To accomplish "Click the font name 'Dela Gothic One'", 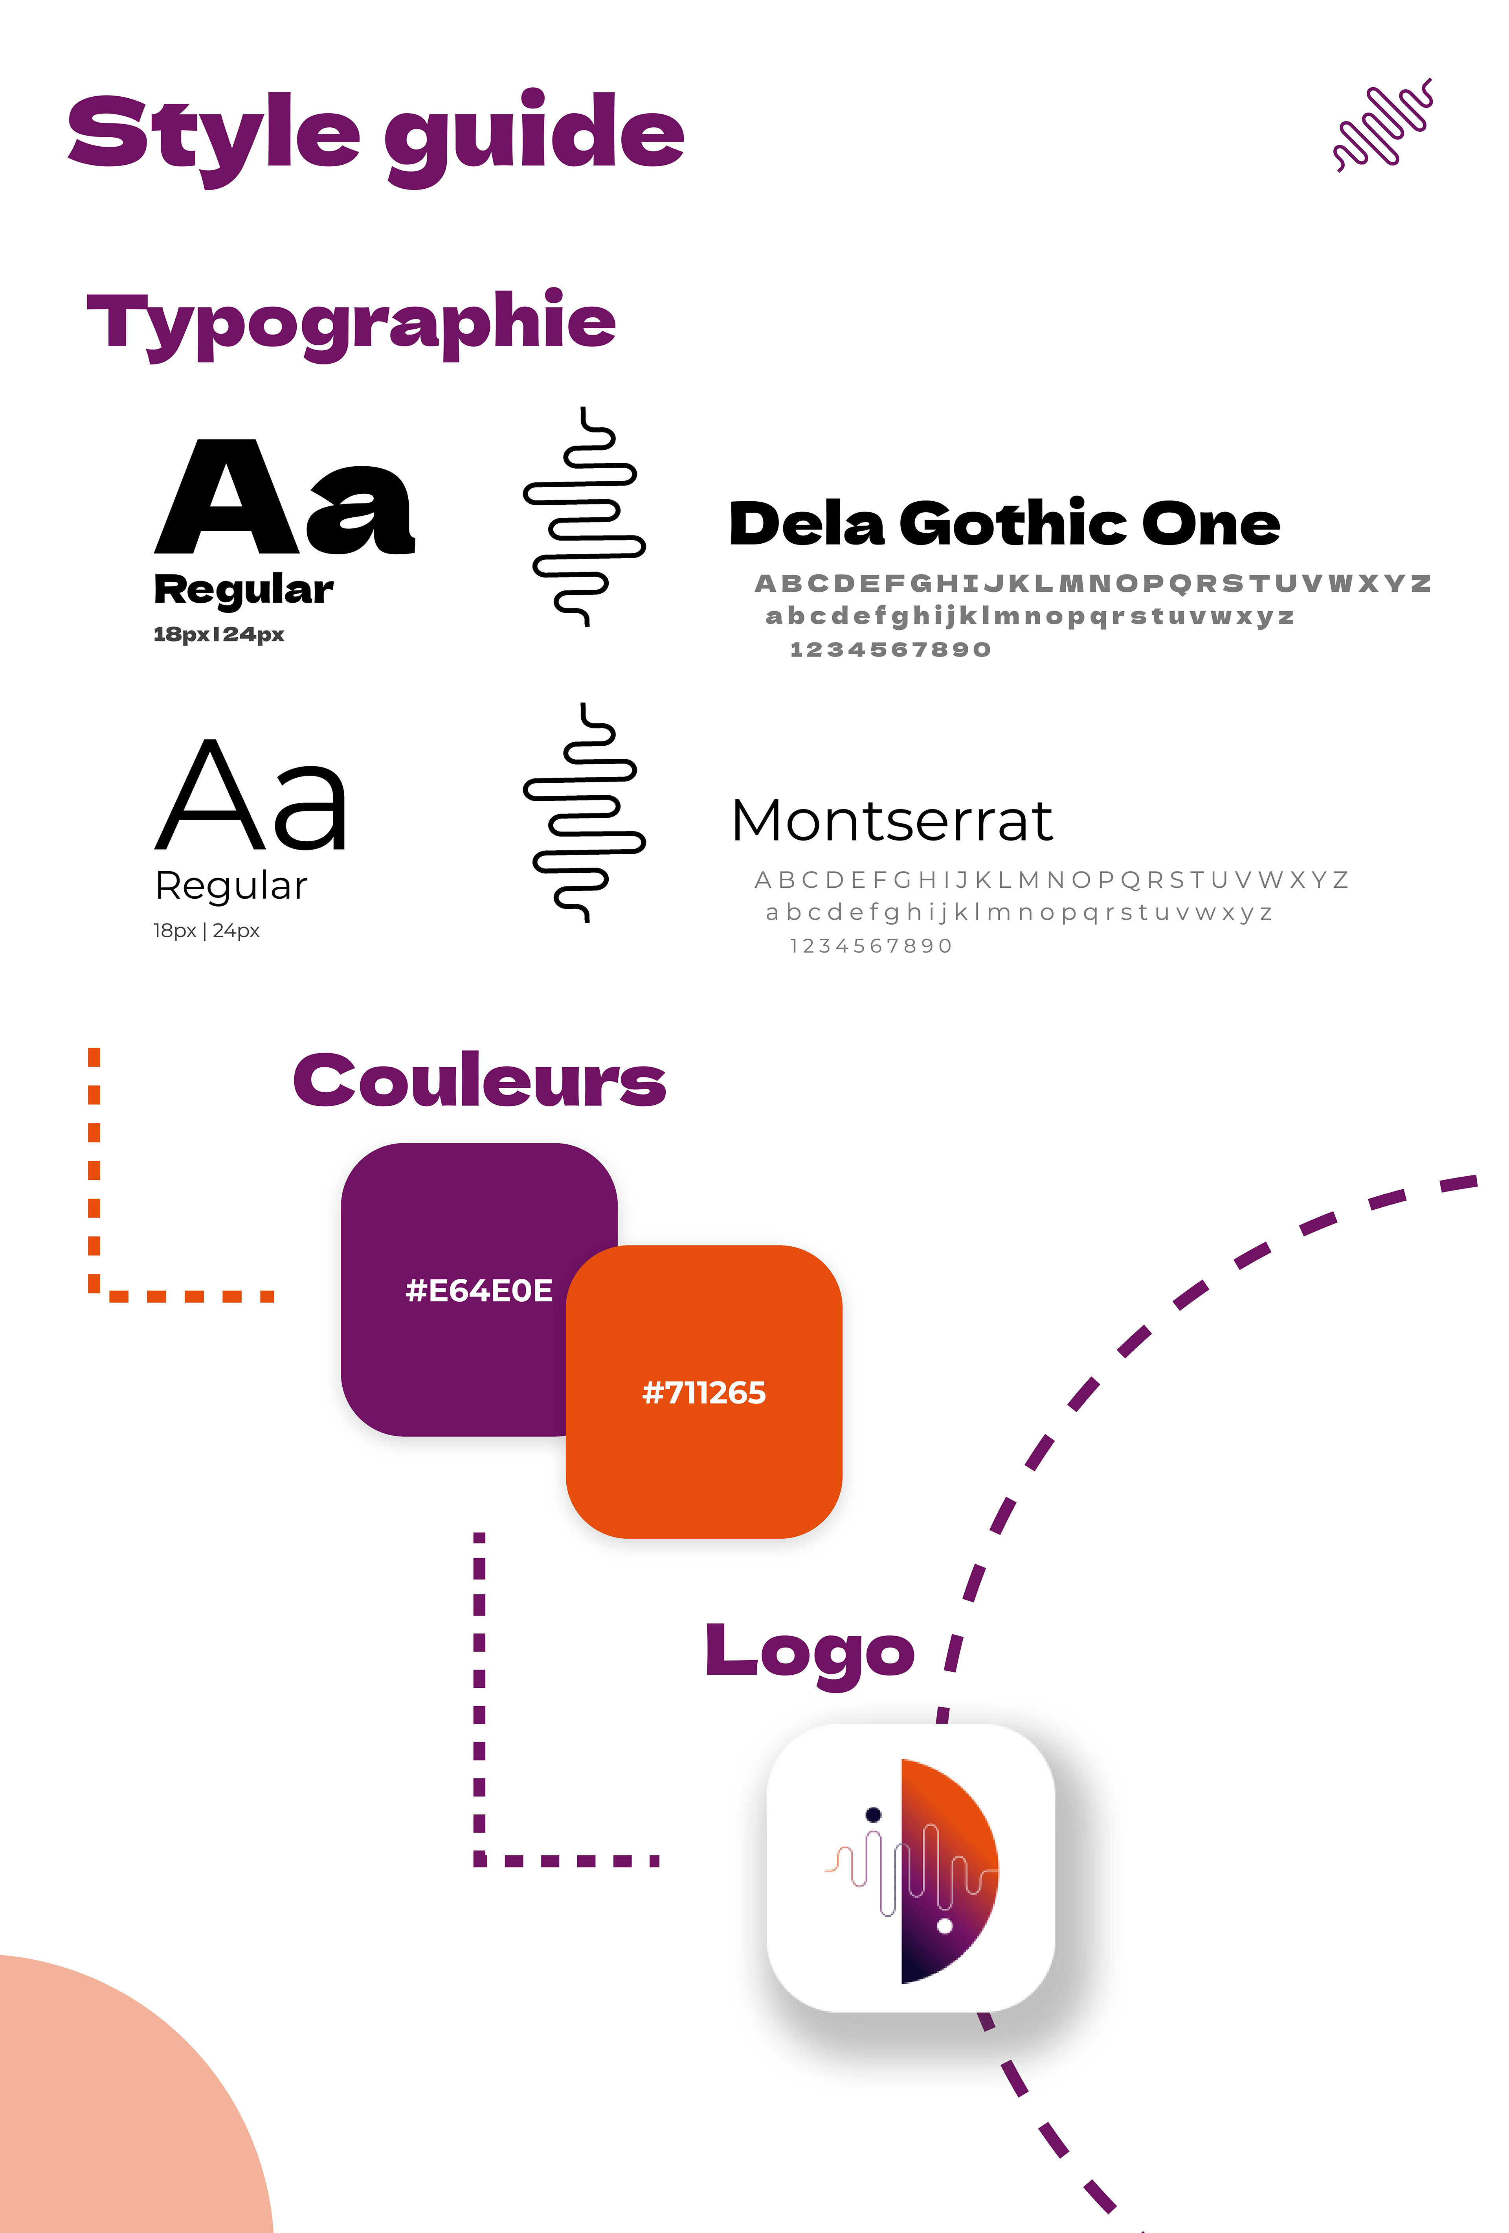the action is click(x=1004, y=524).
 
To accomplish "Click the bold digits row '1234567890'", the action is click(x=889, y=649).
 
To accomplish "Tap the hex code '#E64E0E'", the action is click(x=478, y=1290).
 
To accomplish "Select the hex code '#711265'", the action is click(x=704, y=1392).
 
